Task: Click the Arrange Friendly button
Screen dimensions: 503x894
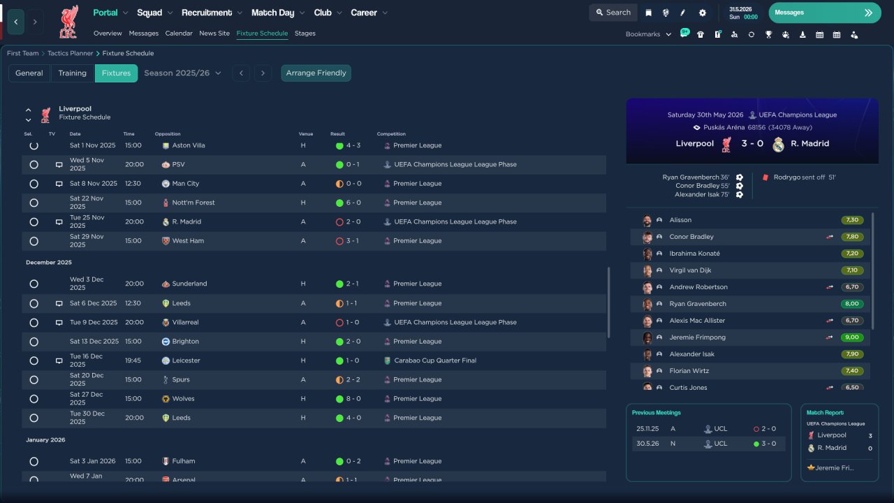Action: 316,73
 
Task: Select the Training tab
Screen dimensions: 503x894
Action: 72,73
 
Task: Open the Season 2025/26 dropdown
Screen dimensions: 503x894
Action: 182,73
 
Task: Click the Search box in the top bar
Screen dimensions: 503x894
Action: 613,13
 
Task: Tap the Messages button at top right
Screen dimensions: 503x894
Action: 824,13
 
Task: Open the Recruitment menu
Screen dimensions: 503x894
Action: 212,13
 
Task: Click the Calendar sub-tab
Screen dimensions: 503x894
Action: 179,34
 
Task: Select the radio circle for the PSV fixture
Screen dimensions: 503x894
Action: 34,165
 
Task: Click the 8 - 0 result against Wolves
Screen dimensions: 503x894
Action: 353,399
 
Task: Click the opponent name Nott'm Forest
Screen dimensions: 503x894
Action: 193,203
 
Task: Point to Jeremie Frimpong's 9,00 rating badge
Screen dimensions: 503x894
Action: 852,337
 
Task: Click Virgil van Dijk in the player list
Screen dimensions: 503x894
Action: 690,270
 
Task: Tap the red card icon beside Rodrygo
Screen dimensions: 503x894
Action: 765,177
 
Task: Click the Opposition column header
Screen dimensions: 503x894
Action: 168,134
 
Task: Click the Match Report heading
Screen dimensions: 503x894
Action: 825,413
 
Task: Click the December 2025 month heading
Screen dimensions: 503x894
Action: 49,263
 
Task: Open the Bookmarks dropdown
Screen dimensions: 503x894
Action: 647,34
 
